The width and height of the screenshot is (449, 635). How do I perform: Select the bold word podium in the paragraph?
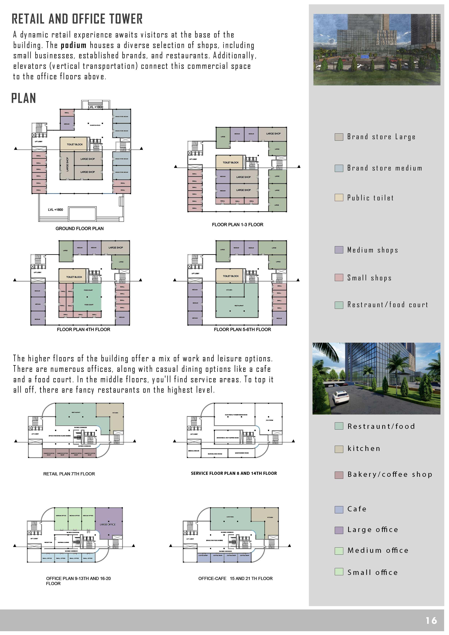click(74, 45)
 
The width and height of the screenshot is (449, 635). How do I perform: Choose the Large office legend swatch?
click(339, 530)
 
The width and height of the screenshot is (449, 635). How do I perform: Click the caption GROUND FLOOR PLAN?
click(80, 229)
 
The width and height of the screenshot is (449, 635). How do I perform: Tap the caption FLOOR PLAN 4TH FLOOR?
click(83, 330)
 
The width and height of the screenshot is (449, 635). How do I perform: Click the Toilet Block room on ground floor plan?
click(75, 144)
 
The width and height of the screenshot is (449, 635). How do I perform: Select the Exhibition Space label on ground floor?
click(95, 125)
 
